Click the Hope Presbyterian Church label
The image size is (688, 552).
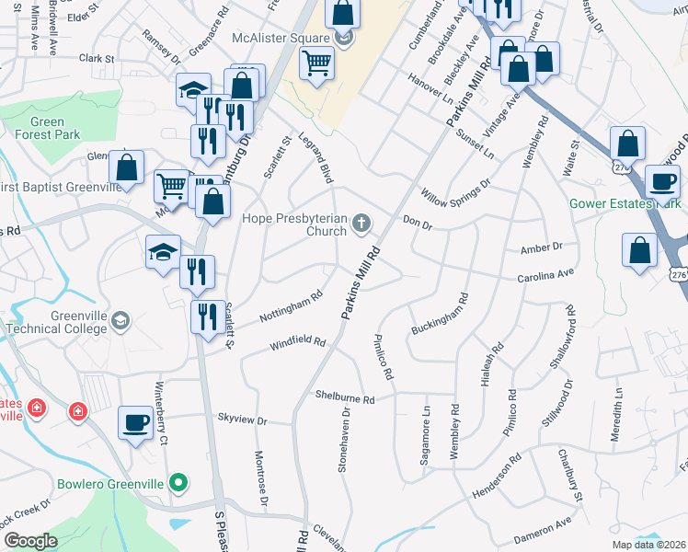click(293, 225)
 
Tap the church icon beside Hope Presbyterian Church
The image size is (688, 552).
click(362, 222)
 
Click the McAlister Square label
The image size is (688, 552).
click(280, 38)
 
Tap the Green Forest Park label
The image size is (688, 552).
click(46, 129)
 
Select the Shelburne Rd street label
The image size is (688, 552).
click(345, 399)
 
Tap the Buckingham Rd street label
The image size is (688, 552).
click(440, 315)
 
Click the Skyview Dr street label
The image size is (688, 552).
click(241, 420)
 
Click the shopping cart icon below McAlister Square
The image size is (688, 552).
click(316, 63)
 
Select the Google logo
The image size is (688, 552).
click(30, 541)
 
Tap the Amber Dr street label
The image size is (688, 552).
click(541, 247)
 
